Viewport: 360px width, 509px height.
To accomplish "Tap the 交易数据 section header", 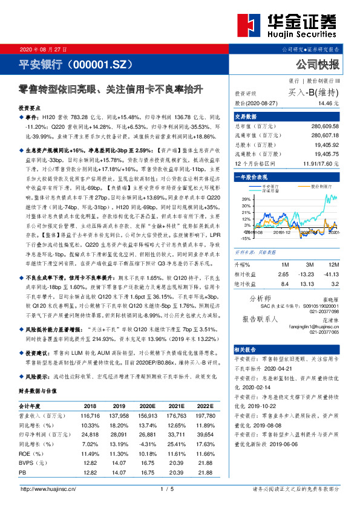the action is point(246,117).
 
